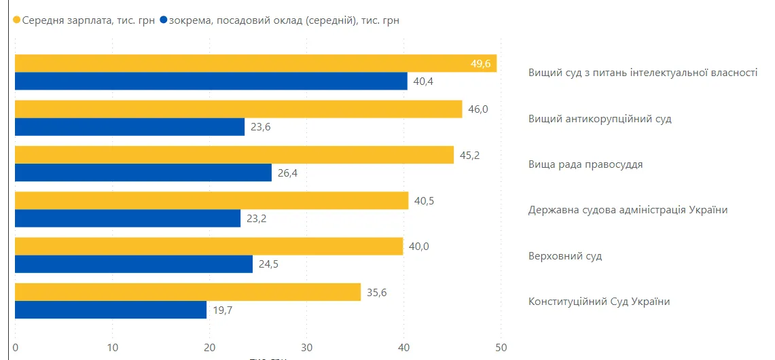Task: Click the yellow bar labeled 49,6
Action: [x=255, y=63]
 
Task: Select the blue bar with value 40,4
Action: [x=211, y=82]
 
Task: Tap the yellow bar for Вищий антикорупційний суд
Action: [x=238, y=109]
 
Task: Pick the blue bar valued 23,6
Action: [x=129, y=127]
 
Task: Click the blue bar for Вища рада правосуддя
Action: [x=143, y=173]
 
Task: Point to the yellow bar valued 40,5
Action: [x=211, y=200]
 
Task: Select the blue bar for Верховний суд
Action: [x=133, y=264]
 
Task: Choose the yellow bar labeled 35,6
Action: [x=187, y=292]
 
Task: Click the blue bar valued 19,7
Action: [x=110, y=310]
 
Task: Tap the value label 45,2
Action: [x=470, y=155]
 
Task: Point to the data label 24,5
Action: [x=269, y=264]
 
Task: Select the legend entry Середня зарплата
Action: [x=88, y=20]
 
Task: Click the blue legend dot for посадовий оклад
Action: [x=163, y=20]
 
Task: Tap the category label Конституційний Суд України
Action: [x=599, y=302]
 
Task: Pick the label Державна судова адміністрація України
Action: [x=628, y=210]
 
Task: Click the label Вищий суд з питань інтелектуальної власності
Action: [x=643, y=73]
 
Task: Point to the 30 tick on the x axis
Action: [x=306, y=348]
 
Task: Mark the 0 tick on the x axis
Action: [x=15, y=348]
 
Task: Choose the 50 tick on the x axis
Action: [x=501, y=348]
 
